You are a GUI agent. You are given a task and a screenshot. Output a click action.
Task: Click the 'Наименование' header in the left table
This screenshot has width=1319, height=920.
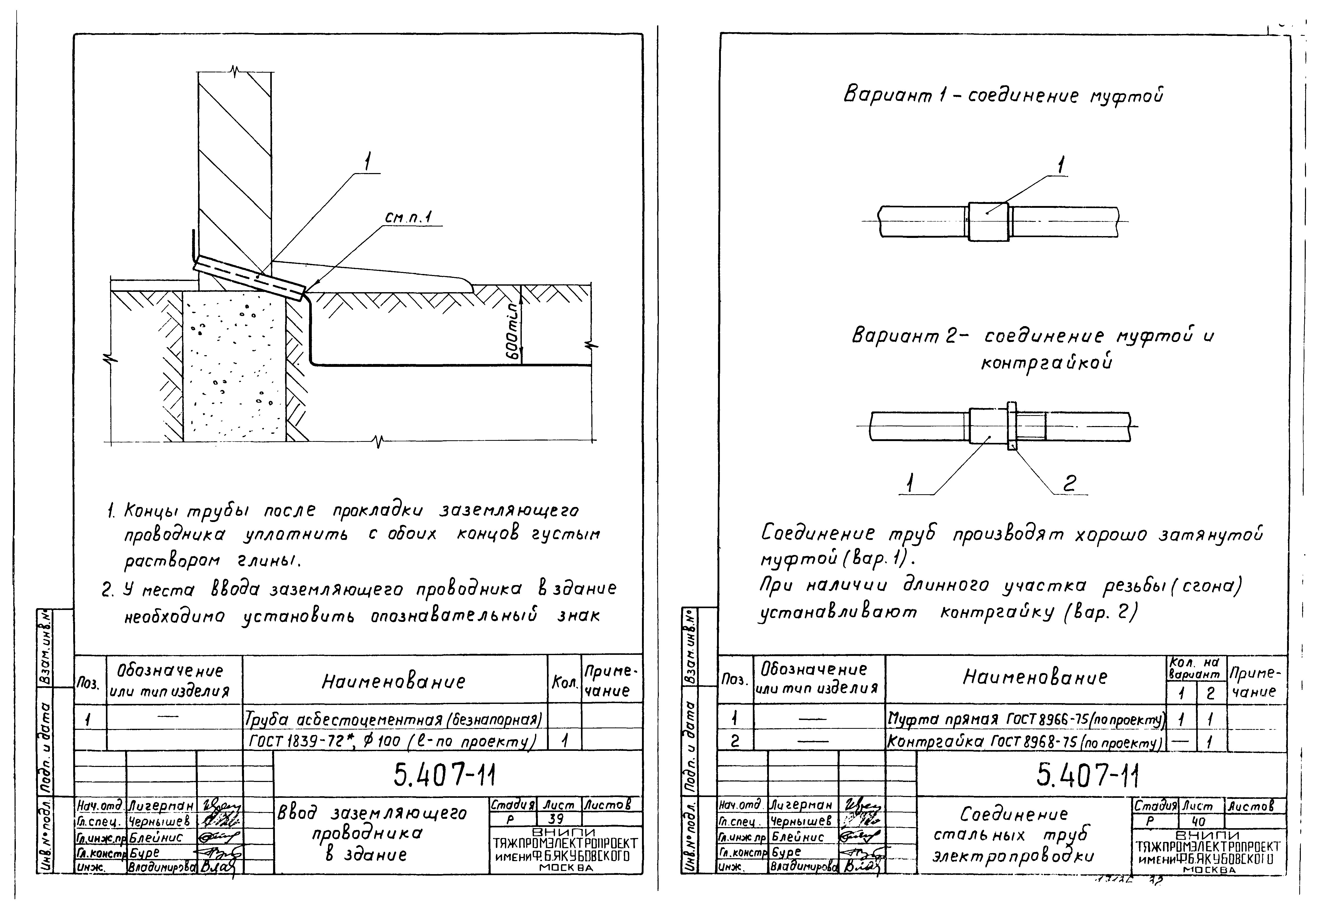coord(394,682)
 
